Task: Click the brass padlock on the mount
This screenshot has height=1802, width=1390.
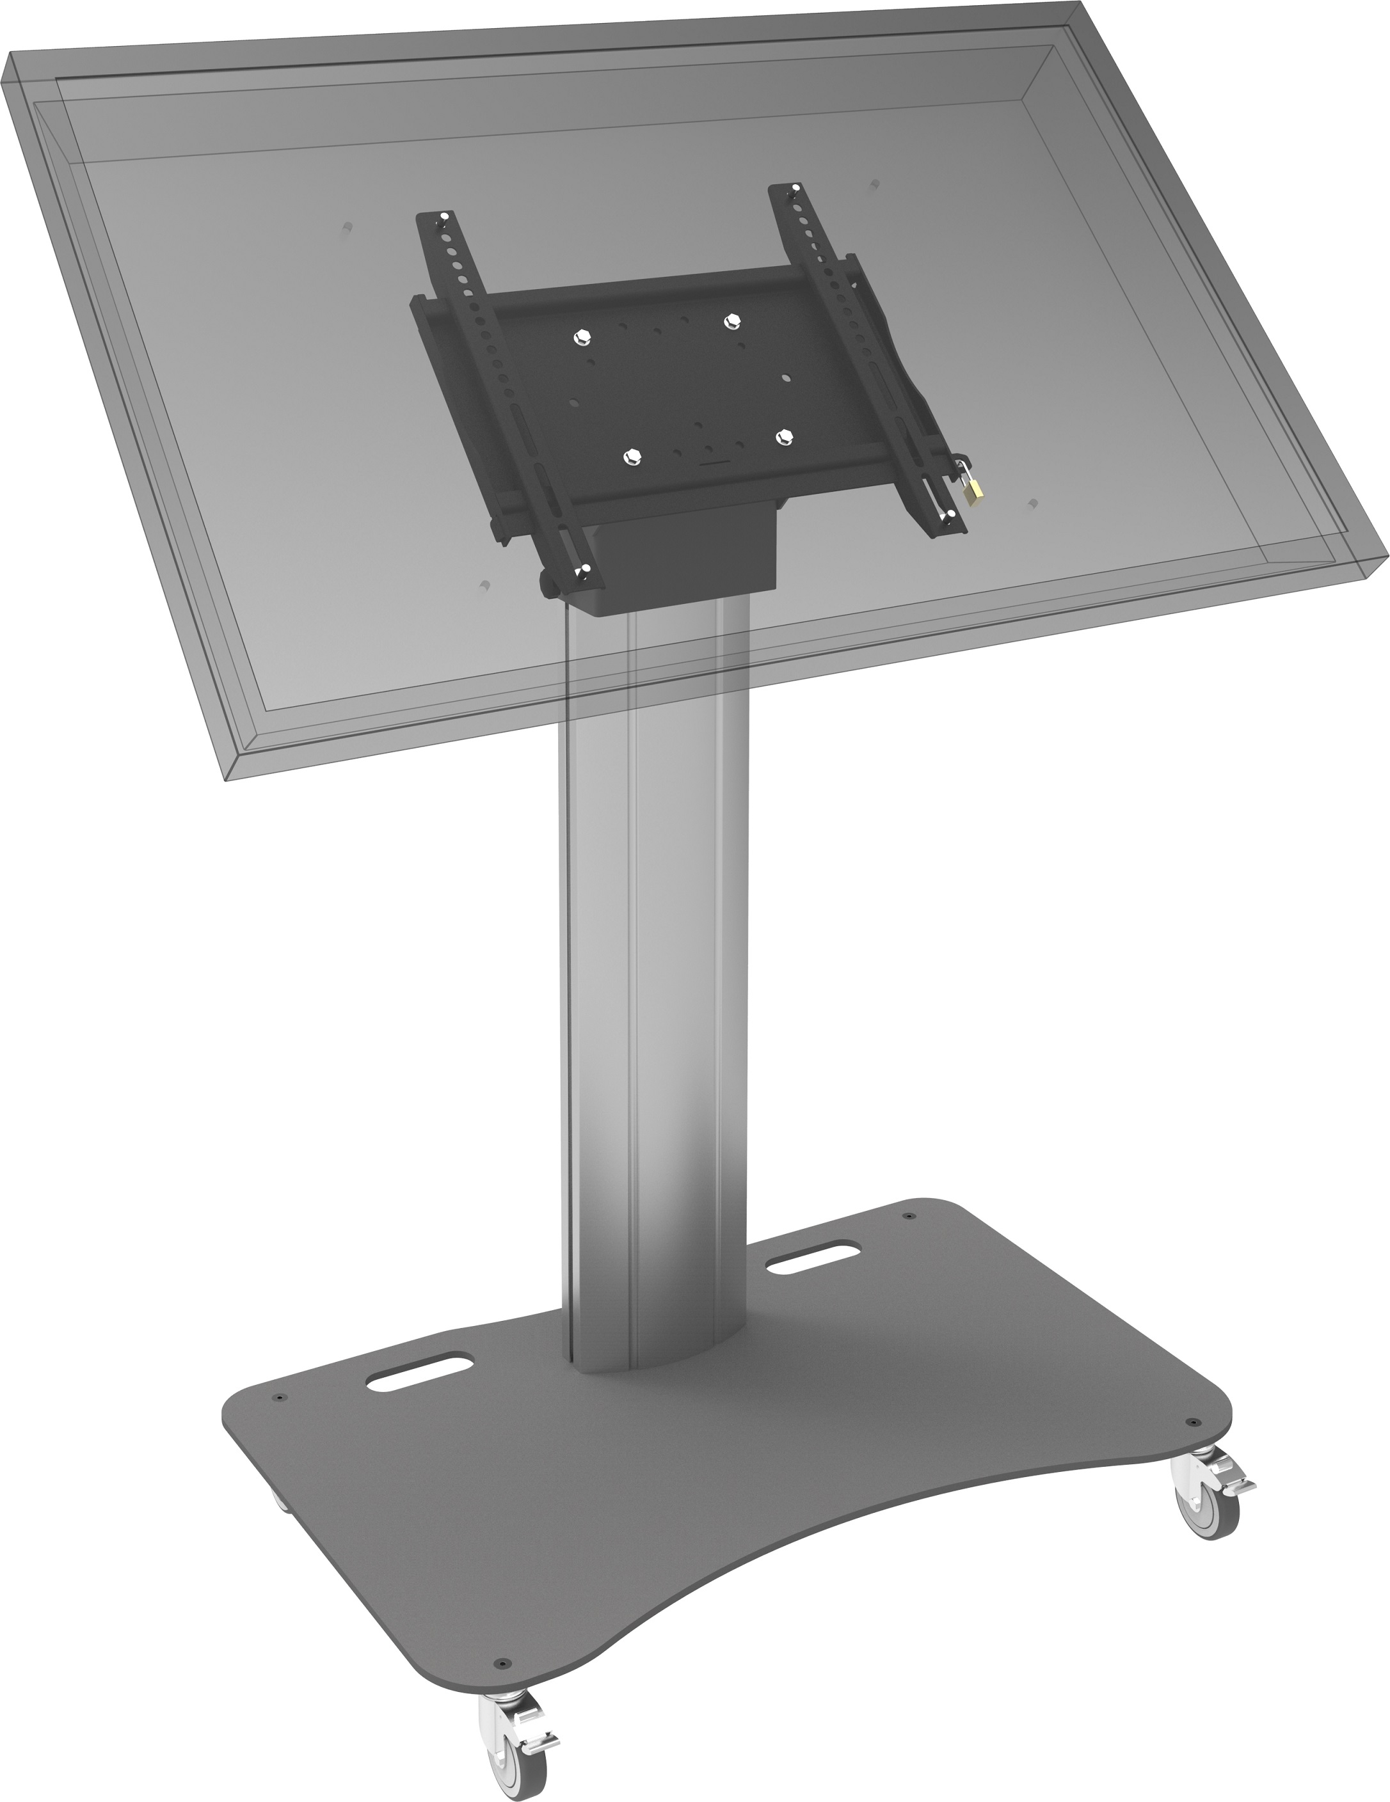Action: tap(975, 492)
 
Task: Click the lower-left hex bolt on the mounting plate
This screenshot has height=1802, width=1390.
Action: tap(632, 455)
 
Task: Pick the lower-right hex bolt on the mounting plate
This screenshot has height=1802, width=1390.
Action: tap(783, 438)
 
